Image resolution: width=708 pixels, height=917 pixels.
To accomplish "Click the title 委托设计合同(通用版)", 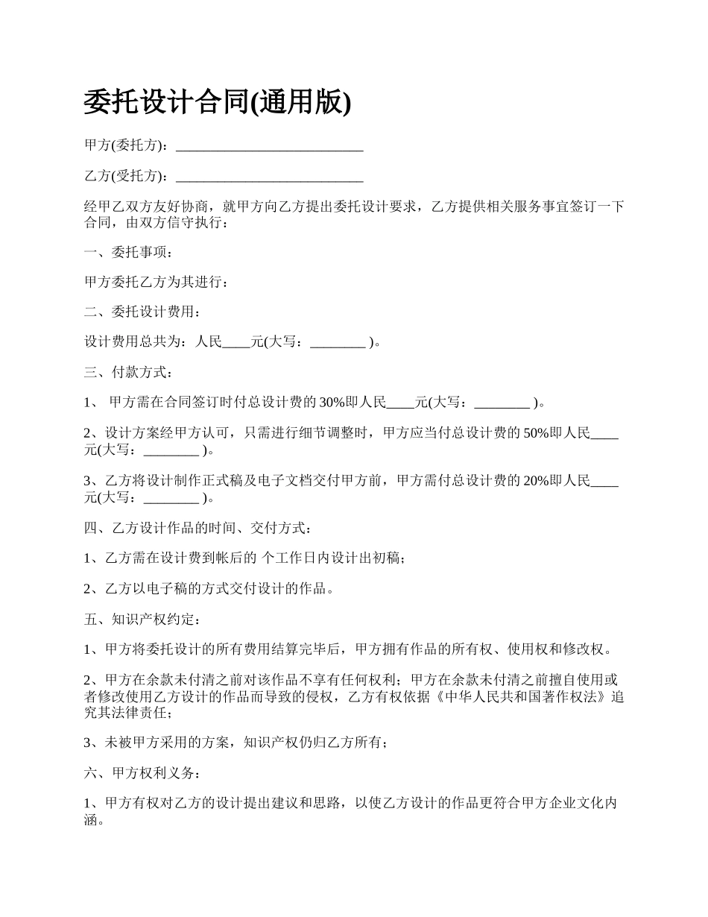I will click(217, 102).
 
